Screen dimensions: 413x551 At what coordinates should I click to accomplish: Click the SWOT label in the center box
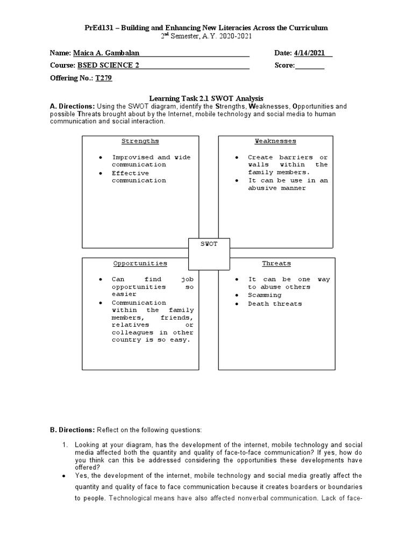click(209, 244)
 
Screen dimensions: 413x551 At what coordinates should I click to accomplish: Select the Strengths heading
click(140, 141)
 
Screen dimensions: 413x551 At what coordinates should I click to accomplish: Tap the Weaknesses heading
click(275, 141)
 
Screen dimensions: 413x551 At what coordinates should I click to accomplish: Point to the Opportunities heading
click(140, 264)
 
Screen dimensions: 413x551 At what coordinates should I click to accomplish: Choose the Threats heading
click(276, 264)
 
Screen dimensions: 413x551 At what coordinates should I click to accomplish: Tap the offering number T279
click(104, 78)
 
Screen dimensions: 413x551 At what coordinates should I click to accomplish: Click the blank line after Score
click(310, 66)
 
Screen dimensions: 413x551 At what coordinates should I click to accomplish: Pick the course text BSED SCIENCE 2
click(109, 66)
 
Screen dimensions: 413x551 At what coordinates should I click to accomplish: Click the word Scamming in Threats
click(265, 295)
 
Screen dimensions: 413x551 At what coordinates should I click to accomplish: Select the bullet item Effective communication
click(139, 177)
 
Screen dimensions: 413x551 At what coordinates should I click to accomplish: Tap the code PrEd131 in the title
click(98, 27)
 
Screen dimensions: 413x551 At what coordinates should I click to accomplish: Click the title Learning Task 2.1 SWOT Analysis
click(206, 98)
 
